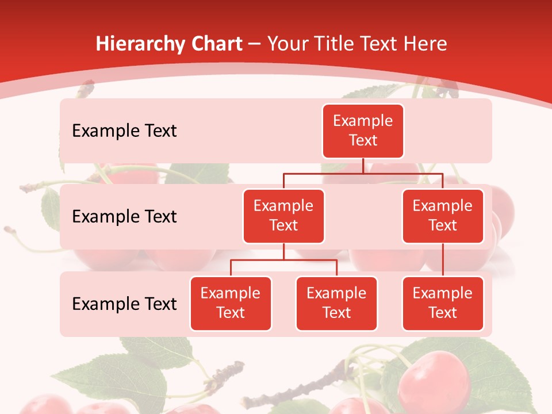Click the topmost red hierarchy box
click(x=363, y=131)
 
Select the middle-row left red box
click(x=283, y=216)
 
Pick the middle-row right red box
click(x=443, y=216)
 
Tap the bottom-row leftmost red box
click(x=231, y=303)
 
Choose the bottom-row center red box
click(x=336, y=303)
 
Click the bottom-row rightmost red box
click(x=443, y=303)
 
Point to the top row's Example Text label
click(x=124, y=131)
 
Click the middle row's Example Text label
click(x=124, y=217)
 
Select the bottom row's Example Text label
click(x=124, y=304)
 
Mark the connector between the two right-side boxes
click(x=443, y=260)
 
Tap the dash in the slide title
click(x=254, y=44)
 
